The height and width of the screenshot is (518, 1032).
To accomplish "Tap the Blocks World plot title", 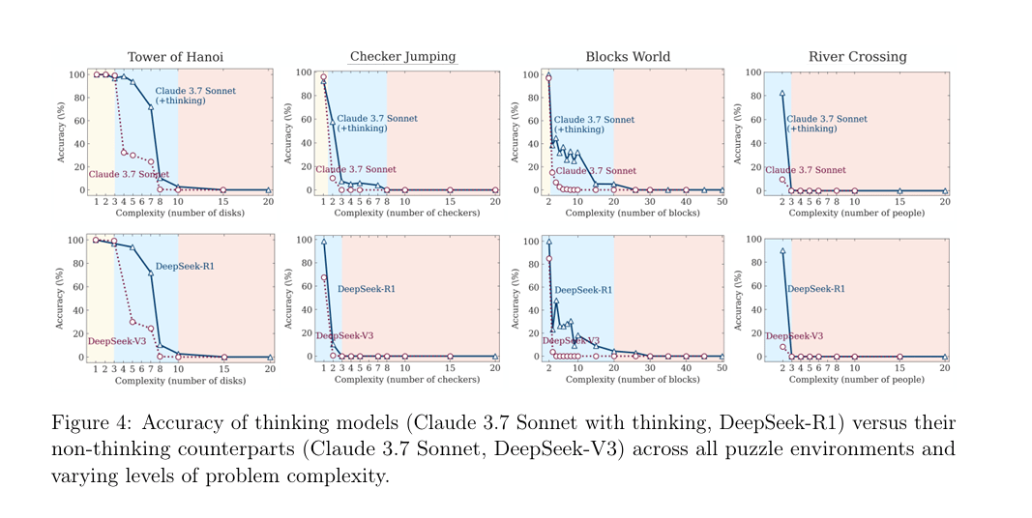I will click(x=628, y=57).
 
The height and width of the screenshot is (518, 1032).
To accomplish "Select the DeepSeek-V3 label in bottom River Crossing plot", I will click(x=794, y=335).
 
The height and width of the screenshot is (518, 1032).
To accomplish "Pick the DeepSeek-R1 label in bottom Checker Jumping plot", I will click(x=367, y=288).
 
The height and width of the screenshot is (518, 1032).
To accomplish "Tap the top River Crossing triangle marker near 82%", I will click(x=781, y=94).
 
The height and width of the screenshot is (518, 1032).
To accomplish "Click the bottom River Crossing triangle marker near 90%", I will click(x=781, y=251).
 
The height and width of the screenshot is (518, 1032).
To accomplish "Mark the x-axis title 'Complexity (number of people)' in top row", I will click(x=857, y=213).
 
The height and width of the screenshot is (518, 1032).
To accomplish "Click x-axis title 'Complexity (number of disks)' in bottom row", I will click(x=180, y=380).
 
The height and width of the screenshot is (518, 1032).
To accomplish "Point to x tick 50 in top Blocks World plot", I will click(x=722, y=202).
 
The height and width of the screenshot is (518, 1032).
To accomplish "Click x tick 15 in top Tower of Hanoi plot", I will click(x=223, y=202).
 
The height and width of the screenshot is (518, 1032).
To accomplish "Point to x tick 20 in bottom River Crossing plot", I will click(x=945, y=368).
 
